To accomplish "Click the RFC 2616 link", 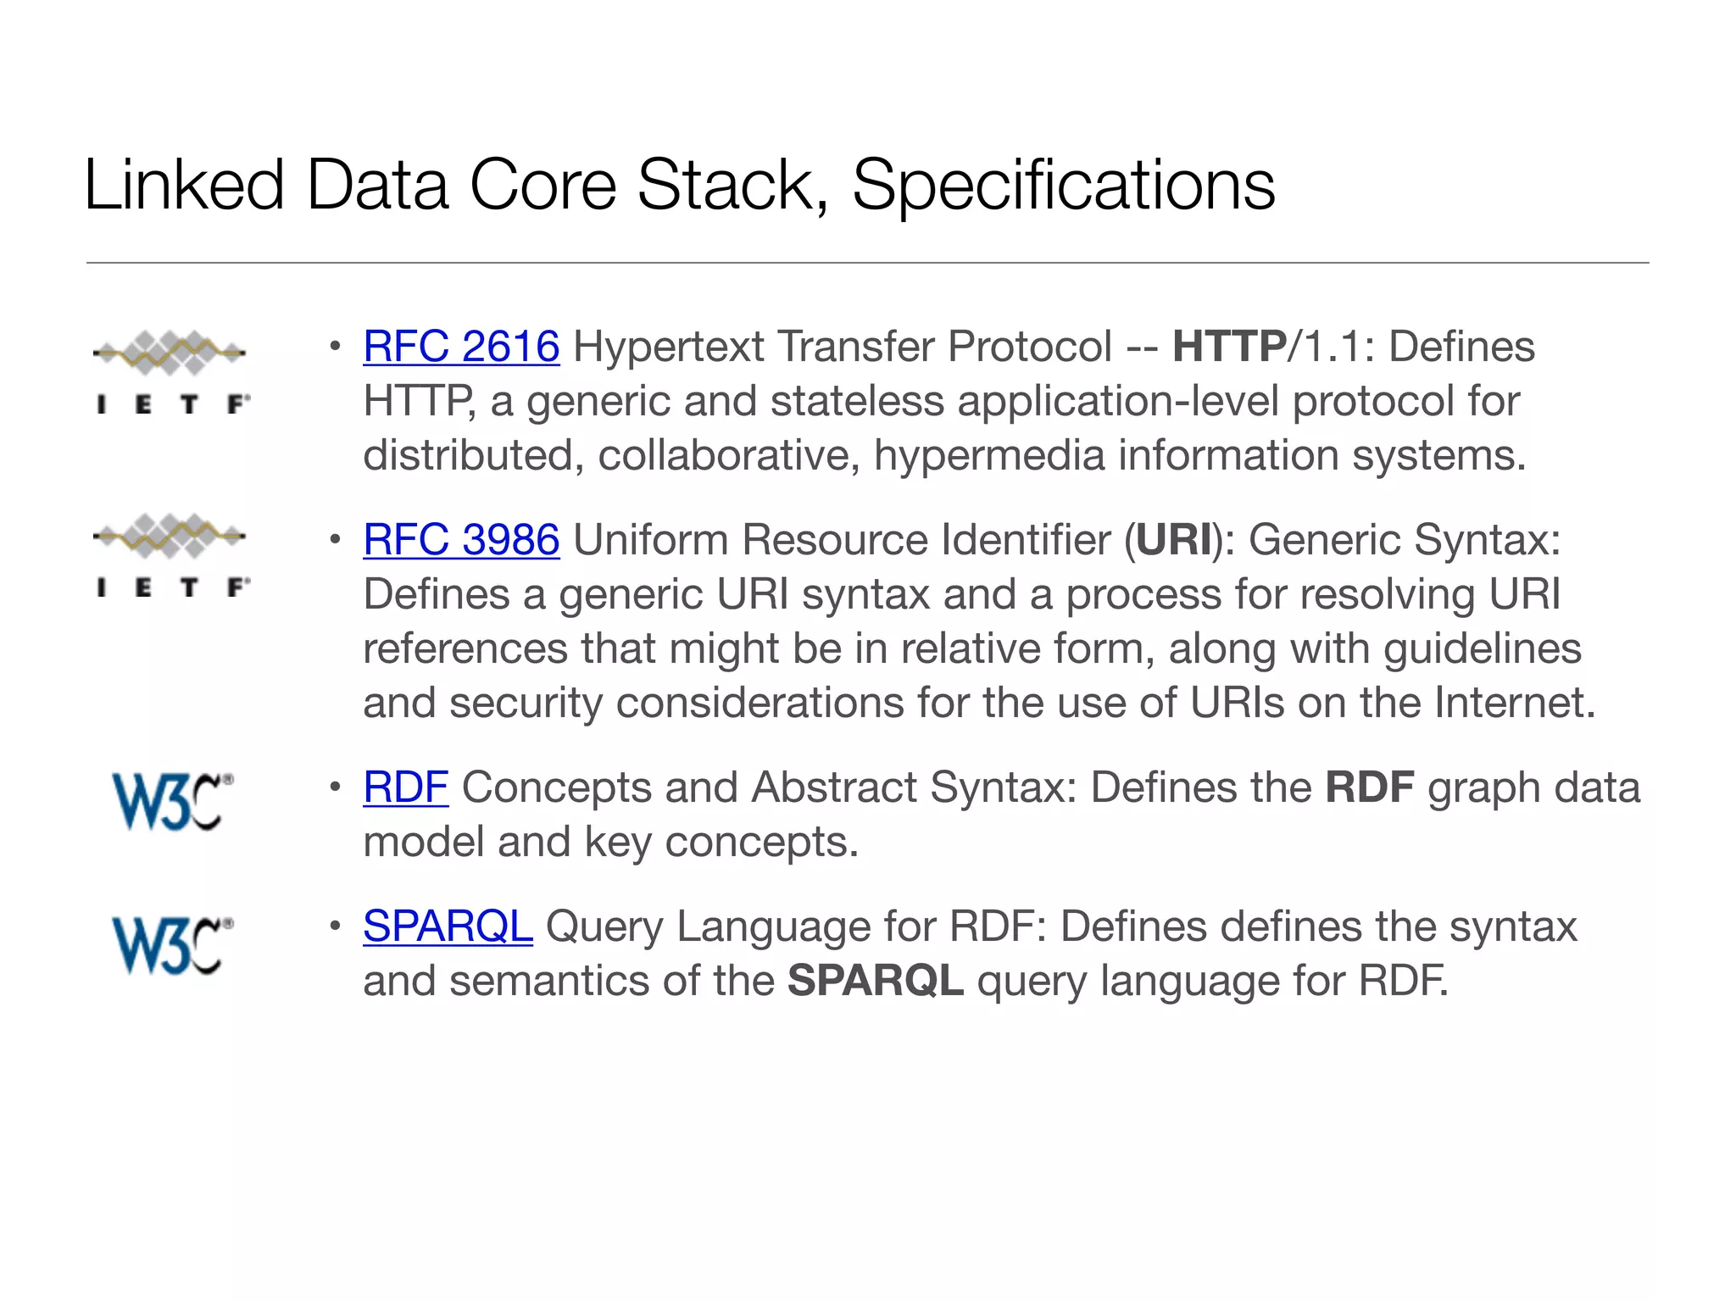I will click(x=461, y=348).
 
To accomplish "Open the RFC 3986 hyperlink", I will click(x=461, y=541).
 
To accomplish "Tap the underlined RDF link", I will click(x=405, y=788).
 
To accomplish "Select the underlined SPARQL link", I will click(x=448, y=926).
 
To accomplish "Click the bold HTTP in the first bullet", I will click(x=1229, y=348).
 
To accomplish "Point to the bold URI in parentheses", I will click(x=1174, y=541).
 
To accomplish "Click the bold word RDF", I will click(x=1369, y=788).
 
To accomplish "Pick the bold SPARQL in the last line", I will click(x=875, y=982).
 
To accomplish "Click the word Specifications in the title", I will click(x=1063, y=186).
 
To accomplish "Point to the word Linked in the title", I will click(x=184, y=185).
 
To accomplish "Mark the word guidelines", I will click(x=1482, y=649).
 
